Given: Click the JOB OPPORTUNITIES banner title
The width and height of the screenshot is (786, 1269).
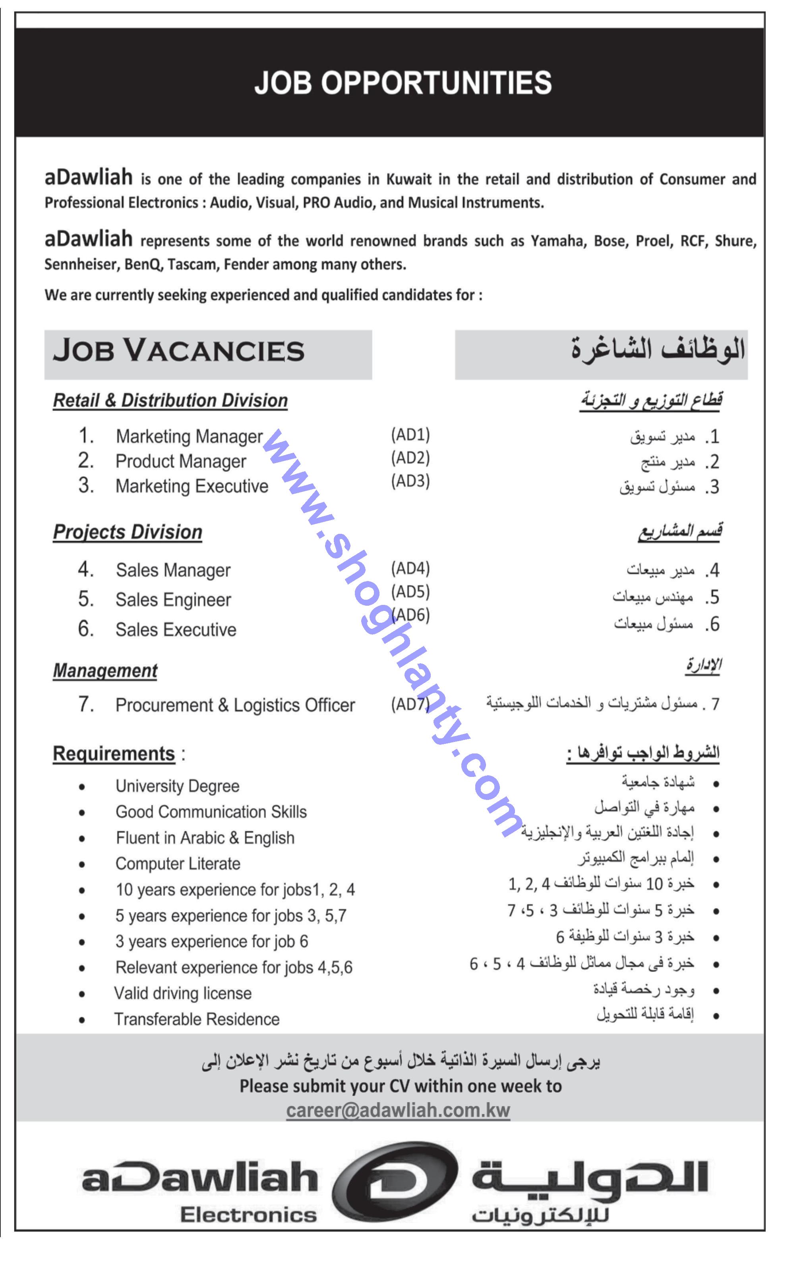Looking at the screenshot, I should click(403, 83).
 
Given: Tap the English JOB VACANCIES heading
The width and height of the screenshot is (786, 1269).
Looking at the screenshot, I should click(178, 351).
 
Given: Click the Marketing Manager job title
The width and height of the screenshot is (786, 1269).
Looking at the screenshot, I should click(189, 437).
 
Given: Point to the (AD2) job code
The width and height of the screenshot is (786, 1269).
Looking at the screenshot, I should click(410, 458).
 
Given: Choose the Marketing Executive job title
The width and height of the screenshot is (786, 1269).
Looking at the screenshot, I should click(192, 486).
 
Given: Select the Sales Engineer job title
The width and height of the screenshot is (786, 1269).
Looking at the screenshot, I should click(173, 600).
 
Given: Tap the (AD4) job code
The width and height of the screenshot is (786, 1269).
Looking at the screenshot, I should click(410, 569).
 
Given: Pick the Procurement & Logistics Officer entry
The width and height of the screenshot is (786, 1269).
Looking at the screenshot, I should click(235, 705).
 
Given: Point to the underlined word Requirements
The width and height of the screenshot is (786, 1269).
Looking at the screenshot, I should click(114, 754).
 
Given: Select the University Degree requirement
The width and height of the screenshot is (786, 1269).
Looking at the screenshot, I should click(177, 786).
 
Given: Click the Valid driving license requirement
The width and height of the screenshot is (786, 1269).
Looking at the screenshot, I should click(183, 994).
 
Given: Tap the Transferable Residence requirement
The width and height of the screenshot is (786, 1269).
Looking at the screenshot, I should click(196, 1020).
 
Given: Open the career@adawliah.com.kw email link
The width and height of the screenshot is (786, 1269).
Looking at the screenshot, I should click(398, 1111).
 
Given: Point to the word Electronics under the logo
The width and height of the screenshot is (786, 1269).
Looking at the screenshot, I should click(248, 1215).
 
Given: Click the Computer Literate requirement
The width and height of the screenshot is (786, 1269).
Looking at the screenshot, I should click(178, 864).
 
